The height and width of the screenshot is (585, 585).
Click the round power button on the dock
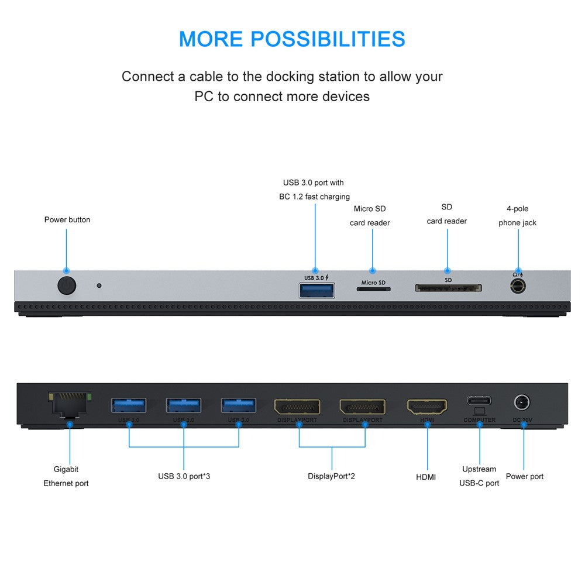(67, 285)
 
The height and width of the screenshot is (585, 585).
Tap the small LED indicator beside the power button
(99, 285)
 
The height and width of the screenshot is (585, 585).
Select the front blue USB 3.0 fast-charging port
(316, 290)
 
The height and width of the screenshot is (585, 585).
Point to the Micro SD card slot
(373, 289)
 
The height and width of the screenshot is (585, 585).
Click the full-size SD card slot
(448, 288)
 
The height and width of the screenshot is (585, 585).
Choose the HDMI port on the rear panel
(427, 407)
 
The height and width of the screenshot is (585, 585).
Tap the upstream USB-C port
(479, 401)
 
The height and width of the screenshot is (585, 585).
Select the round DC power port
(522, 402)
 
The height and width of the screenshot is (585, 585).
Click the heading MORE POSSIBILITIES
(292, 39)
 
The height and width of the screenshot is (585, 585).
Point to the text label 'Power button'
(67, 220)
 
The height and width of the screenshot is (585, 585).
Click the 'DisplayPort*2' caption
(331, 476)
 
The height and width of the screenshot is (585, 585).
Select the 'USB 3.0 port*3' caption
(184, 476)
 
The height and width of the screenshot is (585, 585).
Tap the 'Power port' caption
(525, 476)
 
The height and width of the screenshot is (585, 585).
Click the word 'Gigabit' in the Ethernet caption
(66, 469)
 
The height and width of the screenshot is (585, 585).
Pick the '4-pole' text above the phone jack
(518, 209)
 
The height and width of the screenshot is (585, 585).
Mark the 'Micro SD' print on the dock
(373, 283)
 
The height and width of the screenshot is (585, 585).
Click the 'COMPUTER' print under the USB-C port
(479, 420)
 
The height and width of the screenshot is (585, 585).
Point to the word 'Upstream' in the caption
(479, 469)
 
